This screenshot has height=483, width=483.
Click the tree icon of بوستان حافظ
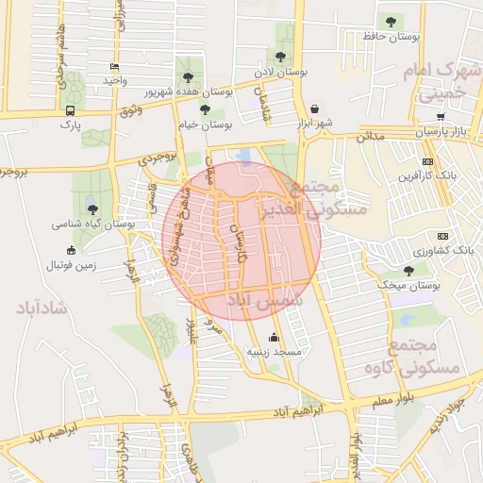pos(391,21)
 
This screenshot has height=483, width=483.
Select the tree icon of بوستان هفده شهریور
pos(188,76)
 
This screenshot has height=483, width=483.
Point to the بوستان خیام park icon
pos(205,109)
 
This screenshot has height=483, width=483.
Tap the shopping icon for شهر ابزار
pos(313,108)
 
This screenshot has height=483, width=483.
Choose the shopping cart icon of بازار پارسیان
pos(441,116)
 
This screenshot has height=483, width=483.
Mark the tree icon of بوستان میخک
pos(408,270)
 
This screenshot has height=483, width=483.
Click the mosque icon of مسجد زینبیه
pos(275,337)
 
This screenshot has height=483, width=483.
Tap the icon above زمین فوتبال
pos(71,250)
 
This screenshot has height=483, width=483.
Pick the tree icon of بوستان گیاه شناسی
pos(92,209)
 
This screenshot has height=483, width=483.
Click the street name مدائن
pos(371,137)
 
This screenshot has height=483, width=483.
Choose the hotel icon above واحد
pos(114,67)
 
